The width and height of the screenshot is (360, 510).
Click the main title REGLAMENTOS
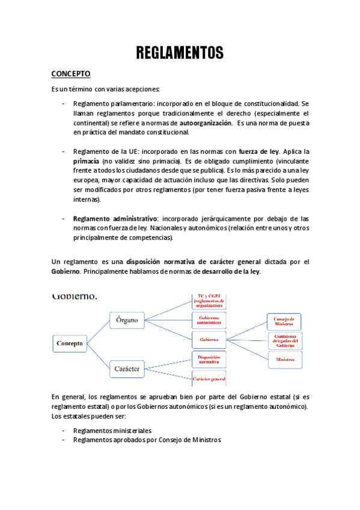[x=180, y=53]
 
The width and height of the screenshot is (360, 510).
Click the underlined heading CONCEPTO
[x=70, y=74]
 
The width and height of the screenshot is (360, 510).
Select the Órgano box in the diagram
[x=127, y=320]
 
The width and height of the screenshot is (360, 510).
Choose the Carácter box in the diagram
[x=127, y=367]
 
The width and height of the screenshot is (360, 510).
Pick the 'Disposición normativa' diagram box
[x=209, y=360]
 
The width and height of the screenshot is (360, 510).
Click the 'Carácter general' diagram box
[x=209, y=379]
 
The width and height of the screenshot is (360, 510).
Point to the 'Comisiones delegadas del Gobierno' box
[x=285, y=340]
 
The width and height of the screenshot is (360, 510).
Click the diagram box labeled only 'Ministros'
[x=285, y=360]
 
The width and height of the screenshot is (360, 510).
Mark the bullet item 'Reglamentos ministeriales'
[x=112, y=431]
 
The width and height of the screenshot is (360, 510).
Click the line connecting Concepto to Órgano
[x=97, y=332]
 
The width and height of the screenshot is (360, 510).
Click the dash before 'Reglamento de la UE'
[x=64, y=152]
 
